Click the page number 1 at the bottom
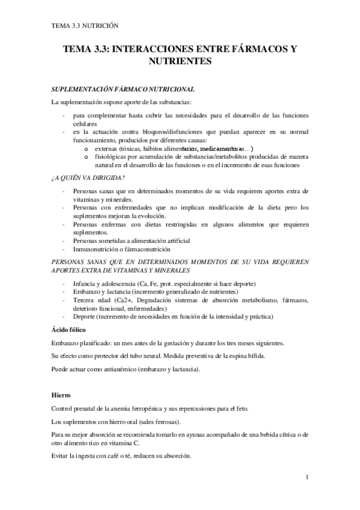(307, 478)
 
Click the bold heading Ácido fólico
(68, 330)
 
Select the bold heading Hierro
(61, 396)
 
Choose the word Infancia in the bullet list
(84, 283)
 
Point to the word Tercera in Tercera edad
(84, 300)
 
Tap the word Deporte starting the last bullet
(84, 316)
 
